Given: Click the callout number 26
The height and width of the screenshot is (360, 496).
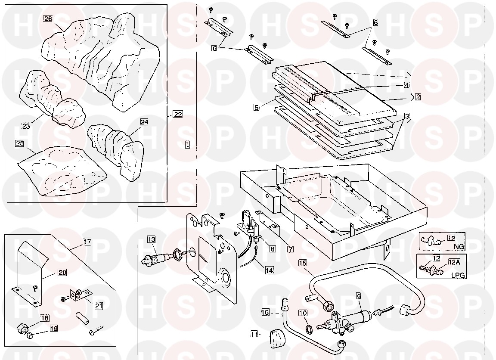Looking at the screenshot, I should click(48, 19).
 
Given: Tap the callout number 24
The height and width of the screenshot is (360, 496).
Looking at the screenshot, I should click(144, 122).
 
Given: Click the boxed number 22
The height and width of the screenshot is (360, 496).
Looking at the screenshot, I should click(177, 114).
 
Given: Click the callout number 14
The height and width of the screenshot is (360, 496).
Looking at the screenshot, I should click(269, 271).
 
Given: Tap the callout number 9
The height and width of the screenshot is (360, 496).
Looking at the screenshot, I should click(358, 295).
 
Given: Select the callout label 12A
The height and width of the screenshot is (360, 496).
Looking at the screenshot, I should click(454, 261).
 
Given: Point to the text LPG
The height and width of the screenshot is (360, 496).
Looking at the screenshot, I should click(458, 275).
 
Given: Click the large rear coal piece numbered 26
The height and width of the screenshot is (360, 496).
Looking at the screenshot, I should click(99, 60).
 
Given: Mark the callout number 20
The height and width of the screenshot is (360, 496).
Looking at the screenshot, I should click(62, 273).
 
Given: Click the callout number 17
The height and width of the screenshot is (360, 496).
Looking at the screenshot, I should click(87, 242).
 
